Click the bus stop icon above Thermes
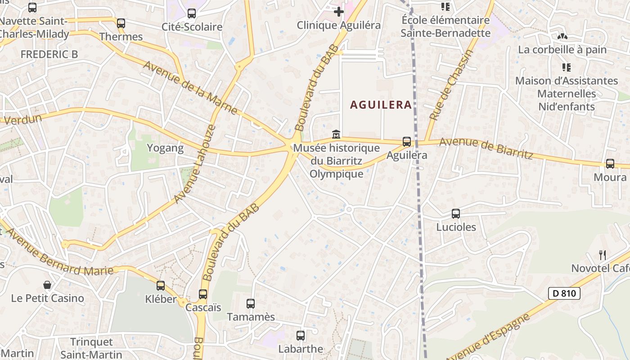121,23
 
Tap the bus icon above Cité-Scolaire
192,13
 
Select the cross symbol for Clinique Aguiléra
339,12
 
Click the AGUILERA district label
381,105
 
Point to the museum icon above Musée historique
336,134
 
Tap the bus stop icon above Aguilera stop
407,142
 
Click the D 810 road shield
564,294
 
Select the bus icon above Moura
610,164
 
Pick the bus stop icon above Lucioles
456,214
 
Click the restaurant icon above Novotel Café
603,255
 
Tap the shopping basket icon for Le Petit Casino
47,285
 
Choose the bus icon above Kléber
161,285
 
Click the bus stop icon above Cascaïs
203,294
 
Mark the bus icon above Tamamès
251,304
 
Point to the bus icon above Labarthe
301,335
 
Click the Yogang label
166,148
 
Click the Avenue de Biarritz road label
486,148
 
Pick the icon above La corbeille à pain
562,36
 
